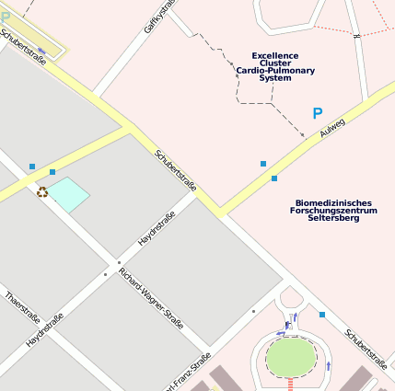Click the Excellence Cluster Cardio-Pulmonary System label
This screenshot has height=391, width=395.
pyautogui.click(x=275, y=67)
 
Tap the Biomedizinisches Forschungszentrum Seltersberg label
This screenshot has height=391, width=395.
pyautogui.click(x=332, y=210)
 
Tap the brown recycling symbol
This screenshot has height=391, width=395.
pyautogui.click(x=41, y=192)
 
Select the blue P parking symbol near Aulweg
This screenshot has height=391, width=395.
pyautogui.click(x=317, y=114)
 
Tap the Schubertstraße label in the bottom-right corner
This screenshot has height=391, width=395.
pyautogui.click(x=366, y=348)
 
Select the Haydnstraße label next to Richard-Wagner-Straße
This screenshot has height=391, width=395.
pyautogui.click(x=157, y=229)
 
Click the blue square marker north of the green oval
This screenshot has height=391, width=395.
pyautogui.click(x=322, y=315)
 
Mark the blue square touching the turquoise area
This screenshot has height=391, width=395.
pyautogui.click(x=52, y=172)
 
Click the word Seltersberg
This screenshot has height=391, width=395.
pyautogui.click(x=333, y=218)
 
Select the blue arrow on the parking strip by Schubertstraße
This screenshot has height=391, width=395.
pyautogui.click(x=41, y=52)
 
